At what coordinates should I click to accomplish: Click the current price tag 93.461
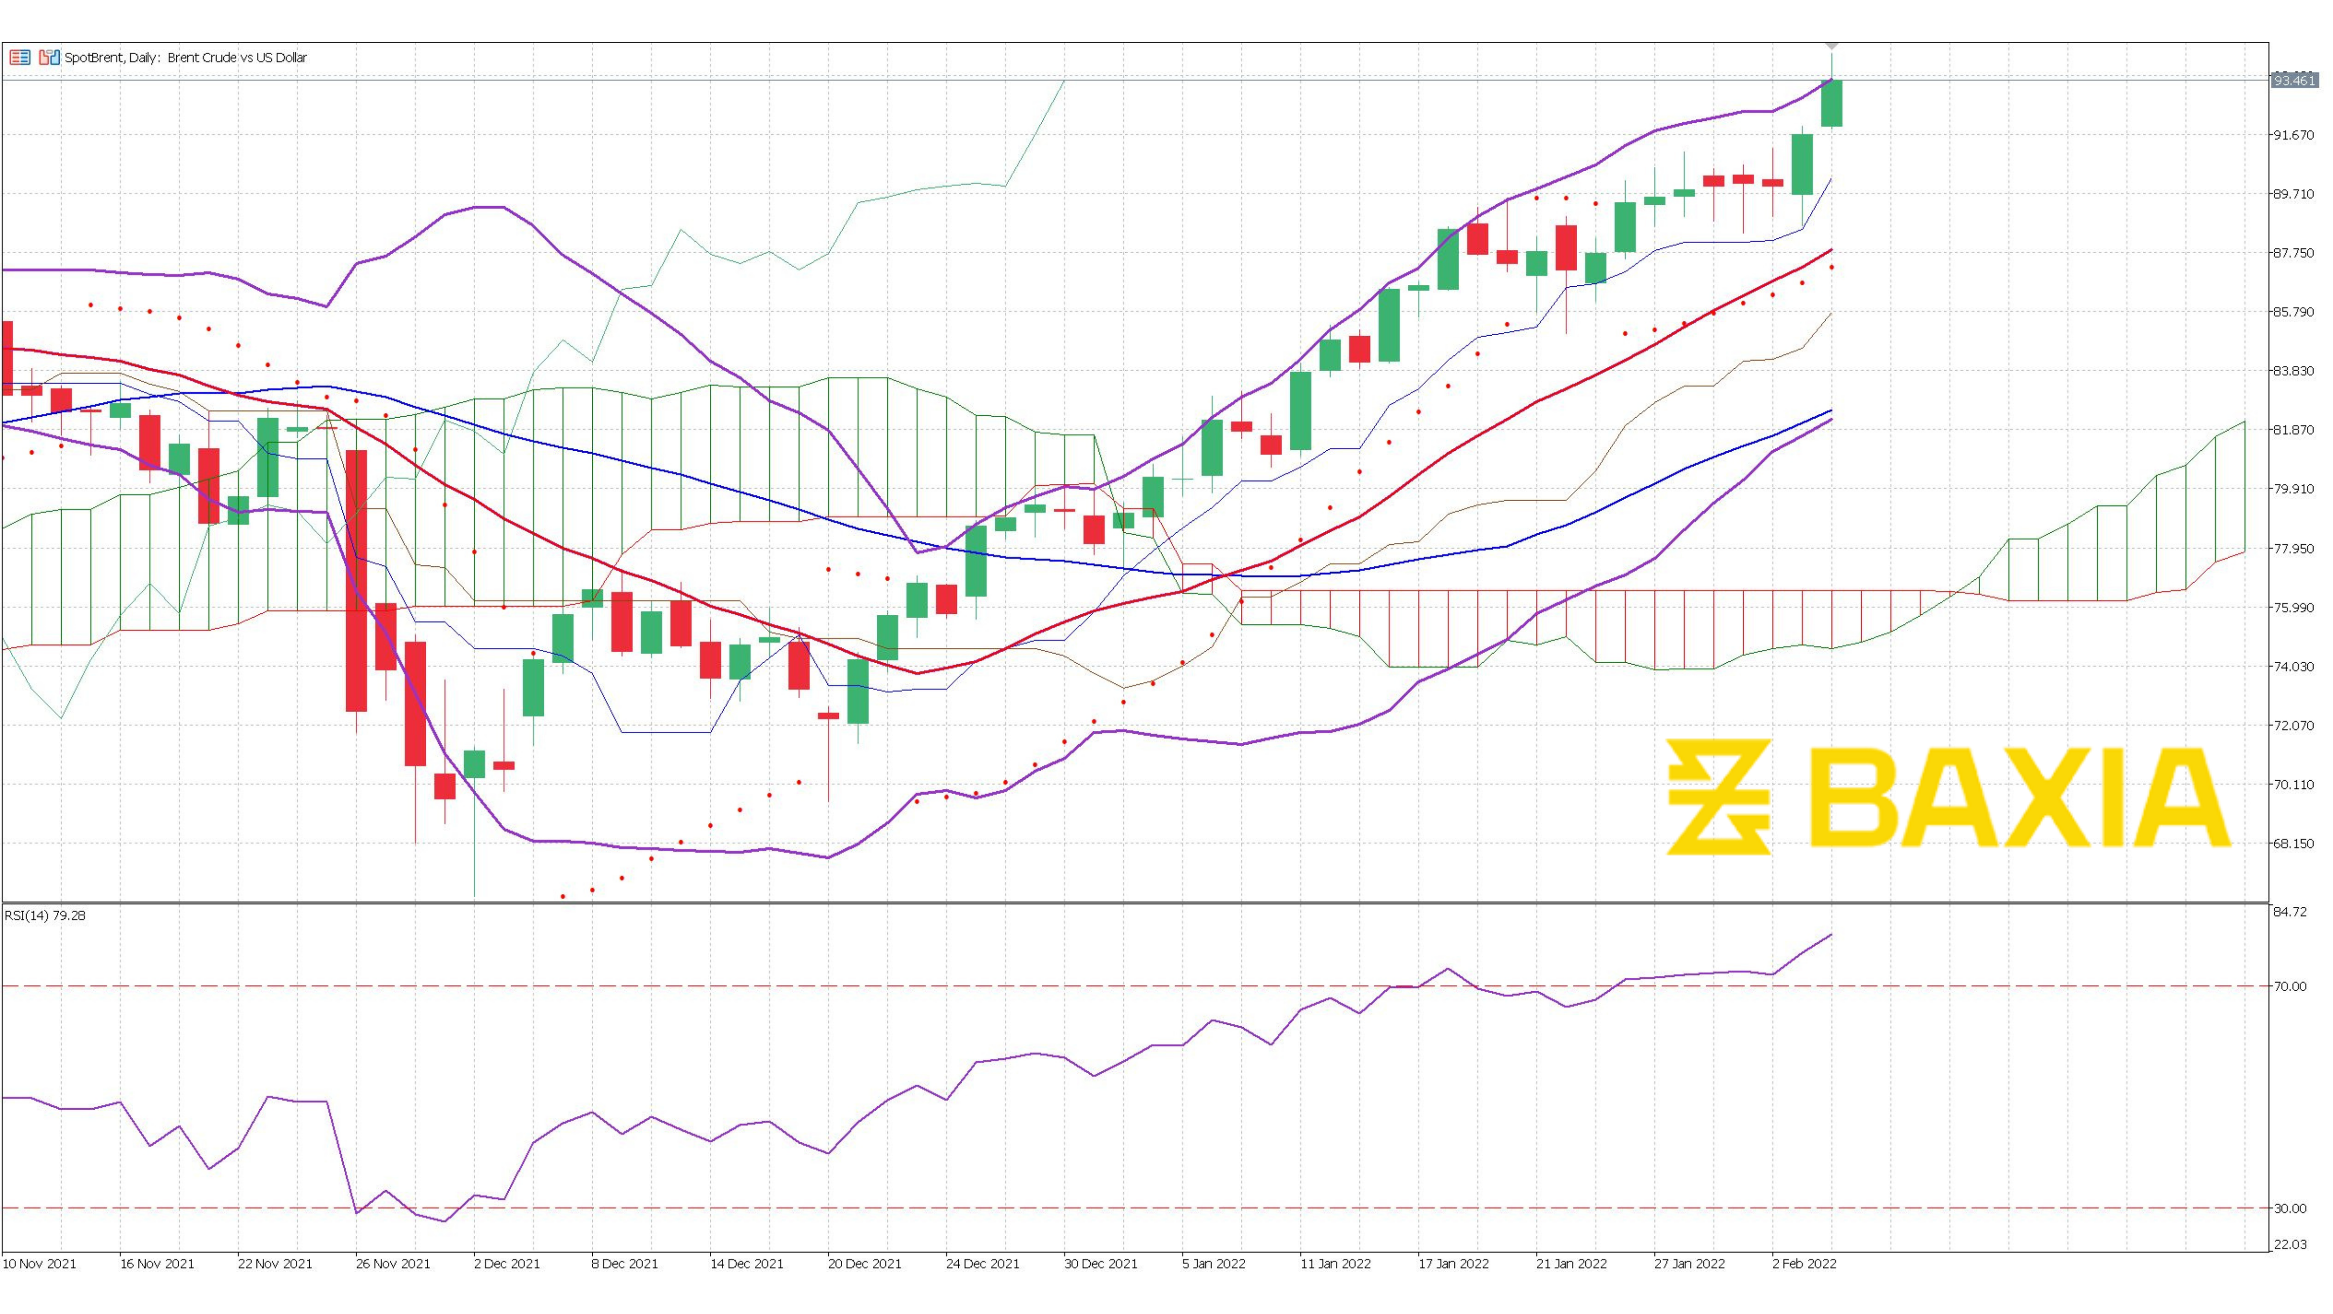click(2294, 81)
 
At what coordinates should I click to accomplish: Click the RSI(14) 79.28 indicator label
click(45, 915)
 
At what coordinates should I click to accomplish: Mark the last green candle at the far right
click(1831, 103)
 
